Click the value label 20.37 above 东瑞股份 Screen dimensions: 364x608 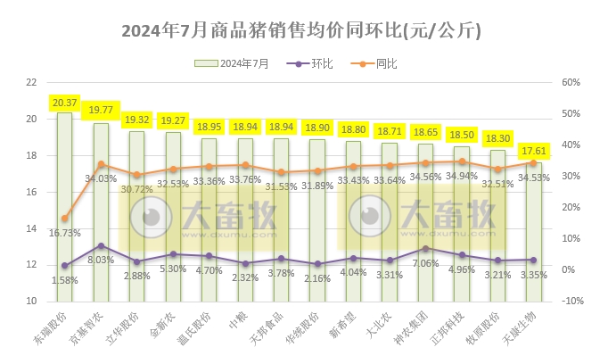coord(65,103)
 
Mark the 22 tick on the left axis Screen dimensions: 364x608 coord(31,82)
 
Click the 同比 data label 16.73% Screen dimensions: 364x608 coord(65,232)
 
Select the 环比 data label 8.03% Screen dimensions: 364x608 coord(101,260)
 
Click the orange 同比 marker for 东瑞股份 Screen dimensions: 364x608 coord(65,218)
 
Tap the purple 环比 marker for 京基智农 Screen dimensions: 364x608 coord(101,245)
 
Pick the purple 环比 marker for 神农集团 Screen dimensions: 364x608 coord(425,248)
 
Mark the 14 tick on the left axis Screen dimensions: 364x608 coord(31,228)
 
